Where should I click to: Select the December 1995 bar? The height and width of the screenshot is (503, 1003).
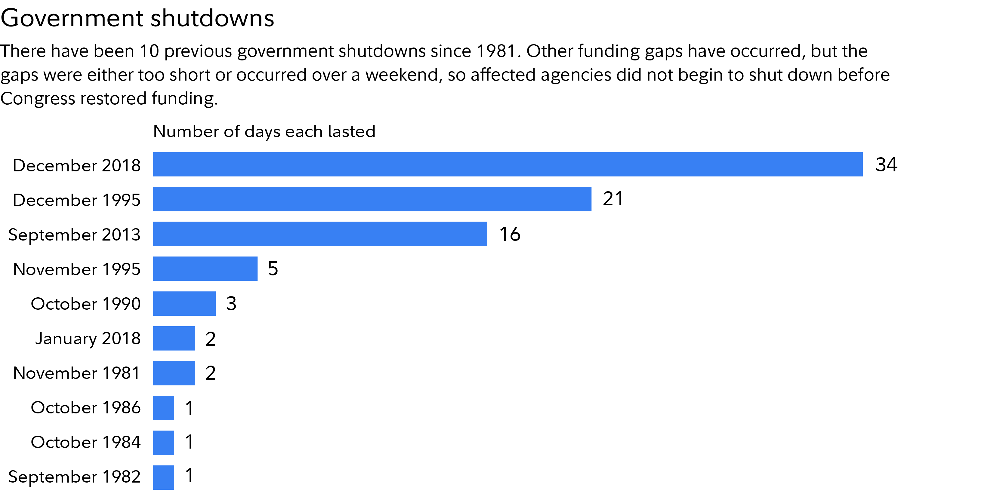(372, 199)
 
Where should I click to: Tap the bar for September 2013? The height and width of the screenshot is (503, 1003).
(320, 234)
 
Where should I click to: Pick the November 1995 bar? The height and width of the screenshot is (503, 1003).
(205, 268)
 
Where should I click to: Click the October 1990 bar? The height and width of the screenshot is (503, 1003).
(184, 303)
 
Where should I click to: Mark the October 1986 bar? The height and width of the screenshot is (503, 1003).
(164, 408)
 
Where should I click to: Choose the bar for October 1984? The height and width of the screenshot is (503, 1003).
(164, 442)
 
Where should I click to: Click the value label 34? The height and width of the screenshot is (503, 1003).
(886, 164)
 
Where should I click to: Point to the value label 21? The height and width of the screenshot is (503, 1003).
(613, 199)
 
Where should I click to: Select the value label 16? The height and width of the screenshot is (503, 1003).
(510, 234)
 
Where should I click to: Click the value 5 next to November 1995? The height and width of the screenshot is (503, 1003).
(273, 268)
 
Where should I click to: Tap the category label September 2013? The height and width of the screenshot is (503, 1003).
(74, 235)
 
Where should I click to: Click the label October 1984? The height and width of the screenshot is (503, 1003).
(86, 442)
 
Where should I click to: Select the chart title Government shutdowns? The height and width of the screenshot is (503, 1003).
(137, 18)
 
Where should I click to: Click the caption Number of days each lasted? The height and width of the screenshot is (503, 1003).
(264, 131)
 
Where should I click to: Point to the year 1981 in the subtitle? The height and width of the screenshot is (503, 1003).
(496, 51)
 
